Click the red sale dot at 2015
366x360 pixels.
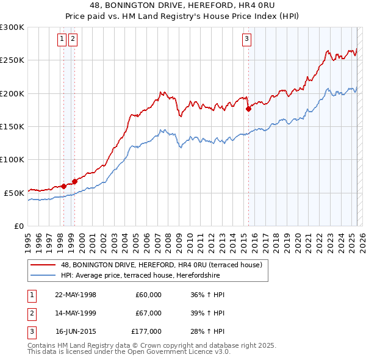pyautogui.click(x=248, y=109)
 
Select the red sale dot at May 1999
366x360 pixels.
pyautogui.click(x=74, y=181)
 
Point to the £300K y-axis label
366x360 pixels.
pyautogui.click(x=12, y=27)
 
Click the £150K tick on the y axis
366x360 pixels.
pyautogui.click(x=12, y=126)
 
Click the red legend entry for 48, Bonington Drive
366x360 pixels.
pyautogui.click(x=161, y=265)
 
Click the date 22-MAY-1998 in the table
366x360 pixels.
pyautogui.click(x=76, y=295)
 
